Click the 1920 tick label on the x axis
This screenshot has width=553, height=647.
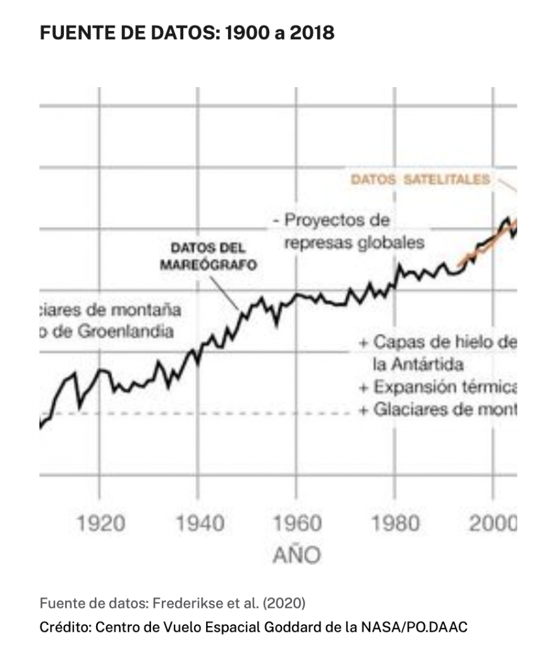(x=100, y=524)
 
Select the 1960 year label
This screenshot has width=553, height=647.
(x=297, y=524)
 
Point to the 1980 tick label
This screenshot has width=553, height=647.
(x=396, y=524)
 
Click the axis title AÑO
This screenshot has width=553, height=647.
(x=297, y=555)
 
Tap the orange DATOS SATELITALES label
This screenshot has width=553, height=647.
(x=420, y=179)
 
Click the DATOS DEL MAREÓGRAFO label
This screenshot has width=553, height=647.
(x=208, y=256)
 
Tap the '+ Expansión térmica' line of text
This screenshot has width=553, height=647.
(x=438, y=387)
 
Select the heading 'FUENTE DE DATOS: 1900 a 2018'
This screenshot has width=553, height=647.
(x=187, y=33)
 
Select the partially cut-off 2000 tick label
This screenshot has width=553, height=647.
(x=494, y=524)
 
